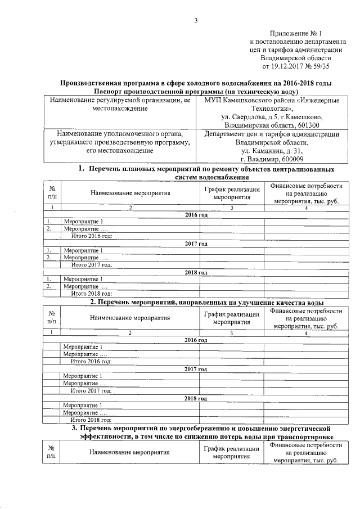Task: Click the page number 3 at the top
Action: (x=196, y=21)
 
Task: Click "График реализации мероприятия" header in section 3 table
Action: (x=232, y=452)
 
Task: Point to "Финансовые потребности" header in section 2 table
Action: (x=306, y=310)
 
